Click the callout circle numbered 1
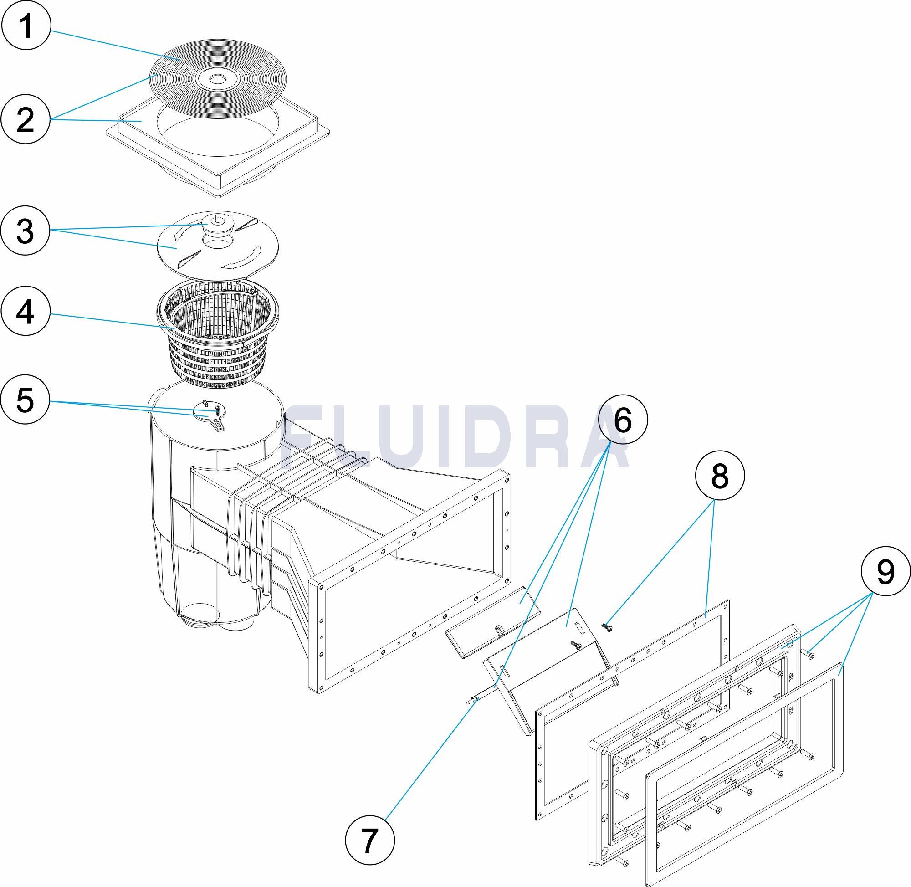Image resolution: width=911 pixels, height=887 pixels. (25, 25)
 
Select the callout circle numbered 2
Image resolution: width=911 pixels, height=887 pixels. (25, 120)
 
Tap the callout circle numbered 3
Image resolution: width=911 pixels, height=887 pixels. (25, 231)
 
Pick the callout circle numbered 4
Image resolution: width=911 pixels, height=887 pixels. (25, 311)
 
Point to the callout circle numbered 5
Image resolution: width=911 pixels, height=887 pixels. (25, 400)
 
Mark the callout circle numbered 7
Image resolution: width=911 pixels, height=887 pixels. (369, 841)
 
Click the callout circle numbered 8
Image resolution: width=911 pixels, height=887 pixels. (720, 476)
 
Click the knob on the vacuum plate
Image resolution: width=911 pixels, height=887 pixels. (215, 220)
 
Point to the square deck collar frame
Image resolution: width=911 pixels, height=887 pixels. (219, 154)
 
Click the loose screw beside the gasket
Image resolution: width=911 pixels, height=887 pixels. (606, 627)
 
